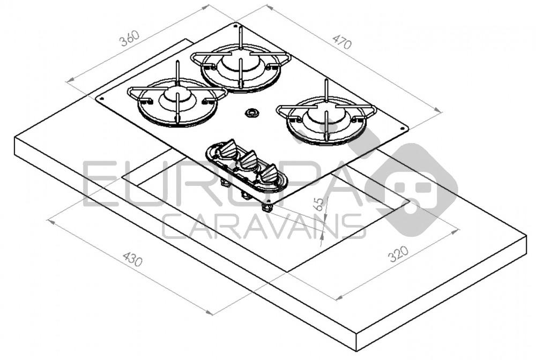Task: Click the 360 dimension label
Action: (x=129, y=38)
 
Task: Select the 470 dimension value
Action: (x=341, y=41)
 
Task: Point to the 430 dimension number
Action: (x=132, y=259)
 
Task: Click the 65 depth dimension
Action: (x=319, y=203)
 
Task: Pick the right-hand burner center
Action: (x=326, y=116)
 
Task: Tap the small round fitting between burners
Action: (x=251, y=113)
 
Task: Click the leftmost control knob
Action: (x=229, y=148)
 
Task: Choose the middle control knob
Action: (x=249, y=160)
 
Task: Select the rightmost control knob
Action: (x=269, y=172)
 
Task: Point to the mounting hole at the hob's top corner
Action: (x=235, y=25)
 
